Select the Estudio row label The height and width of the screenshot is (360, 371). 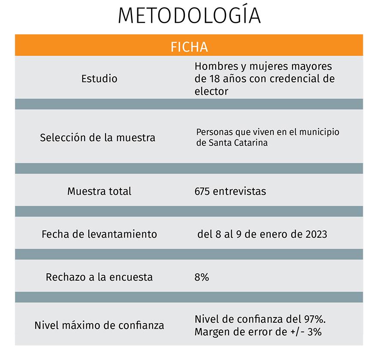click(x=99, y=79)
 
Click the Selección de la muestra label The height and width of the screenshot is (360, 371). click(x=97, y=138)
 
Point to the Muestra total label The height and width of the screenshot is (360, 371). click(x=99, y=191)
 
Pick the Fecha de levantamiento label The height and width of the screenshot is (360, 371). click(x=99, y=234)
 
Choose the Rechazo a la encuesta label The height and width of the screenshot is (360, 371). click(x=99, y=277)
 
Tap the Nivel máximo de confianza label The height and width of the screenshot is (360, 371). click(x=99, y=325)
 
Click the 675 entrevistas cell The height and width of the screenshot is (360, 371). click(x=230, y=191)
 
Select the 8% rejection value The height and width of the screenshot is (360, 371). click(x=202, y=277)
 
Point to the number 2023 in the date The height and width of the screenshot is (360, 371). click(x=316, y=234)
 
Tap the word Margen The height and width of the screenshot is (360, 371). click(x=211, y=332)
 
